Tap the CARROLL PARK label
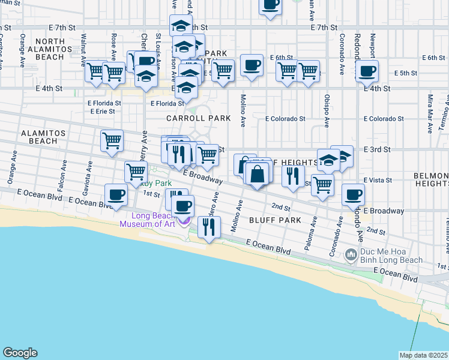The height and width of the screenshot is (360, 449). (x=190, y=119)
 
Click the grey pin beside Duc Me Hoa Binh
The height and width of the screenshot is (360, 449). (x=352, y=256)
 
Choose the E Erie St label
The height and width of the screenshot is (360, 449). (x=105, y=111)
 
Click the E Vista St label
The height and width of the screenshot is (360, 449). (x=378, y=179)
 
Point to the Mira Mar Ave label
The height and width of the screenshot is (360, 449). (x=430, y=106)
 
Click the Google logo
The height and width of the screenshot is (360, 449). (x=20, y=353)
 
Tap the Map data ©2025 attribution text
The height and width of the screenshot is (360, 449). (x=423, y=355)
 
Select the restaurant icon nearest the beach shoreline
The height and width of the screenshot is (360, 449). (x=209, y=227)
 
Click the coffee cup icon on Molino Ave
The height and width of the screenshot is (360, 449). (x=252, y=65)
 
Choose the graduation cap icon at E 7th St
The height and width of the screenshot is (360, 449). (x=181, y=26)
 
